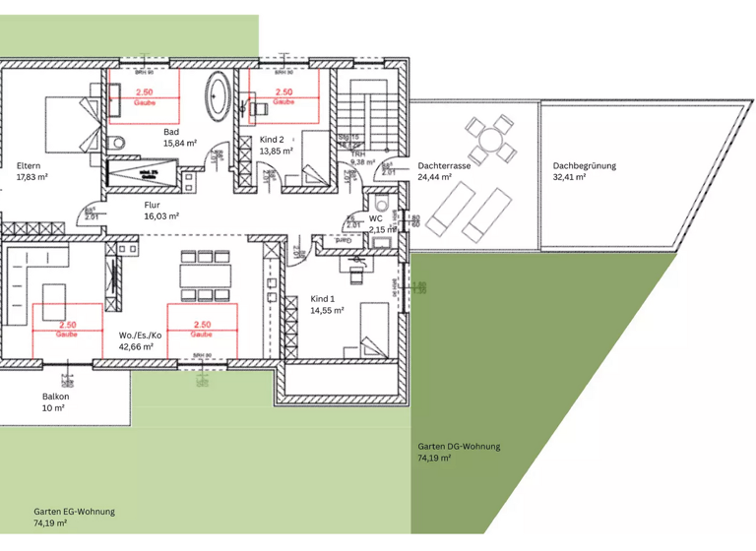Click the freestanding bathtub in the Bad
(x=216, y=96)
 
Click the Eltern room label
(x=30, y=165)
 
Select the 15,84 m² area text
(x=179, y=144)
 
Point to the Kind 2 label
(x=272, y=140)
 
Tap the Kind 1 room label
(x=323, y=298)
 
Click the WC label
(x=375, y=218)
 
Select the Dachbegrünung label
(x=584, y=166)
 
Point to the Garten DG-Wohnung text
(x=459, y=447)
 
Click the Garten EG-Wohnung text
(x=74, y=512)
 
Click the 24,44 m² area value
(x=434, y=178)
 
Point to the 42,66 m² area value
(x=136, y=346)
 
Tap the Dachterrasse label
(x=443, y=166)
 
